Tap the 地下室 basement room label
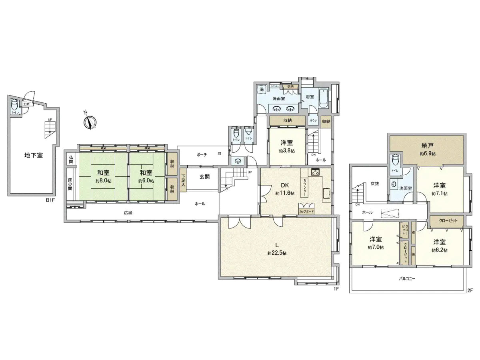(x=34, y=155)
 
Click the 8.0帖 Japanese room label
(x=103, y=176)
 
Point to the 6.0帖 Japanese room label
(x=146, y=176)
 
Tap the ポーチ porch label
(x=202, y=154)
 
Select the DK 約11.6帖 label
(x=285, y=189)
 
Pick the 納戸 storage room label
(x=428, y=149)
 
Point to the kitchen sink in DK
(x=325, y=193)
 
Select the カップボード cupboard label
(x=306, y=211)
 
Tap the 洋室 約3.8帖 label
(x=287, y=146)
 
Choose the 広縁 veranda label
(x=128, y=213)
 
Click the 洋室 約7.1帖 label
(x=440, y=189)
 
